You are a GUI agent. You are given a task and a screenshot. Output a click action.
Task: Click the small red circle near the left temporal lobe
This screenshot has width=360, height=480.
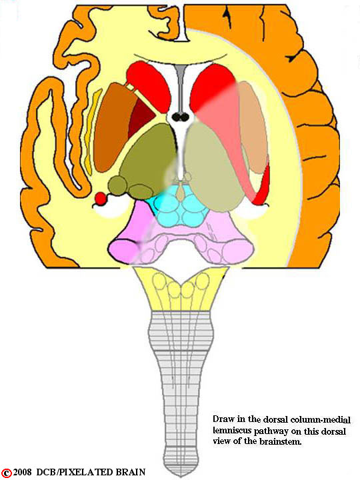click(x=100, y=199)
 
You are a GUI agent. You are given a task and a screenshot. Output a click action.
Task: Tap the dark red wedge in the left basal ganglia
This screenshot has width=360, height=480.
click(x=141, y=116)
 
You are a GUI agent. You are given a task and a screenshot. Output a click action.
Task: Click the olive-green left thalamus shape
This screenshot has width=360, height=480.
click(x=149, y=156)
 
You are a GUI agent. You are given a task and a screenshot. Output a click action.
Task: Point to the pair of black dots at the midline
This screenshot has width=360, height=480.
click(x=180, y=117)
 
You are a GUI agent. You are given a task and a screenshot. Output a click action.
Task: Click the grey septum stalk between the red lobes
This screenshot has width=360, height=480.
click(x=180, y=89)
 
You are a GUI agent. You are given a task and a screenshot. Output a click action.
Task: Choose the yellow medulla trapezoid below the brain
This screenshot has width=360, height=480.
click(x=181, y=289)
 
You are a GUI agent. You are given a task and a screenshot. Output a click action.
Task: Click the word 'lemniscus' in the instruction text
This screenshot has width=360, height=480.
click(x=228, y=431)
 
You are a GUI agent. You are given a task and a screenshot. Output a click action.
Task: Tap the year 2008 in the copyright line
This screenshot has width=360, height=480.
click(x=23, y=472)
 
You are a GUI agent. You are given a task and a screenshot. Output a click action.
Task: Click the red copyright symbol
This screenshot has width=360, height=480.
click(x=7, y=473)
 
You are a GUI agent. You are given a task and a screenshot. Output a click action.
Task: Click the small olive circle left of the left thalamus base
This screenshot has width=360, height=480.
click(x=118, y=185)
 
